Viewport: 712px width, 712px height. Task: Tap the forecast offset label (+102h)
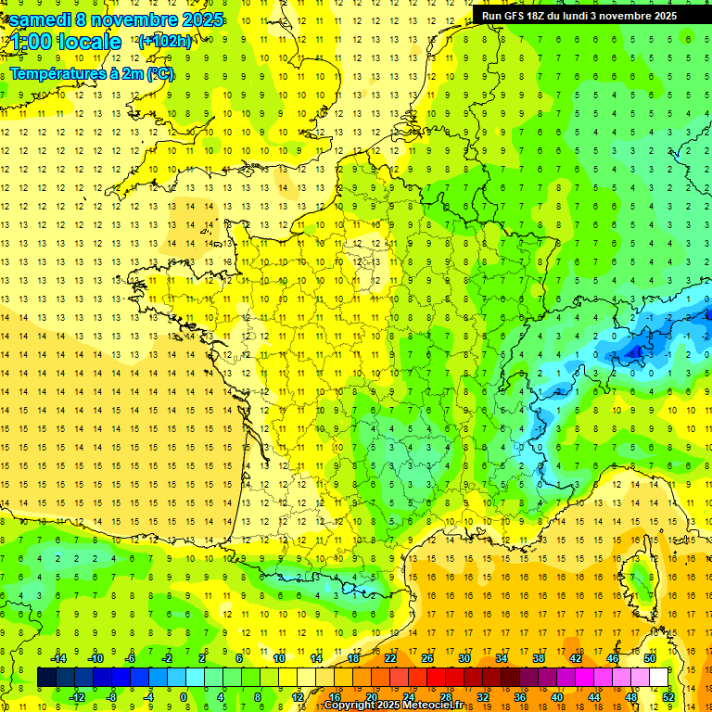point(165,41)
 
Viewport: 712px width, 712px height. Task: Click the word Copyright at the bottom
point(351,705)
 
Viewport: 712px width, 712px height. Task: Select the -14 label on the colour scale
point(59,658)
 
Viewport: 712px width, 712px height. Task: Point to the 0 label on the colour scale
point(183,697)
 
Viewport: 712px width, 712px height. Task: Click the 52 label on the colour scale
point(668,697)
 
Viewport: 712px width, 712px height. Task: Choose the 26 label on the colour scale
point(427,658)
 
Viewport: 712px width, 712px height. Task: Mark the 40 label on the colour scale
point(557,697)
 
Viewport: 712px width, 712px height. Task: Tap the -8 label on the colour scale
point(111,697)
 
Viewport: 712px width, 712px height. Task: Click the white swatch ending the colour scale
point(659,678)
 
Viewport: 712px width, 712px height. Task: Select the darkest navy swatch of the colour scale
point(46,678)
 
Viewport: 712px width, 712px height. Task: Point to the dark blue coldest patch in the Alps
point(638,351)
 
